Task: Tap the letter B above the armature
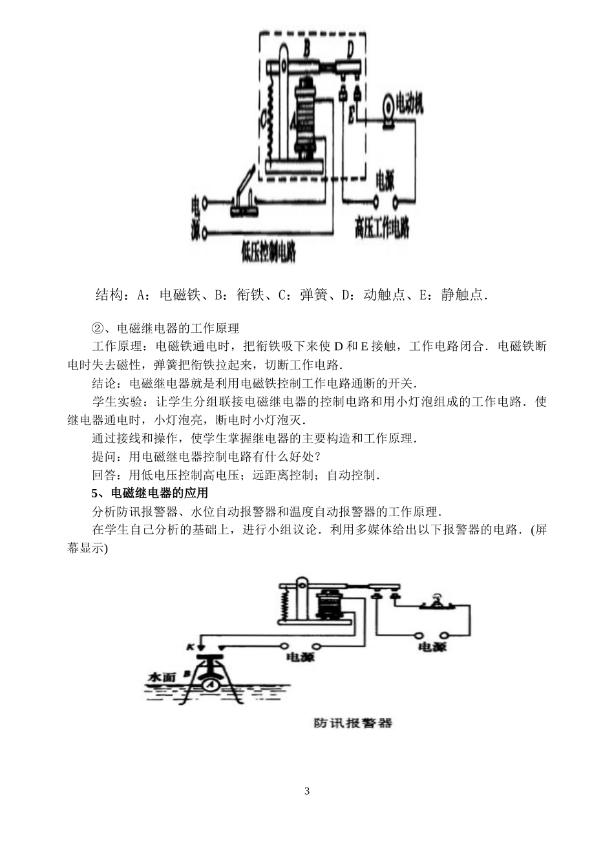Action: coord(307,47)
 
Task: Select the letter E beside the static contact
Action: coord(351,116)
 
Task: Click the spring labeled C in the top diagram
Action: coord(265,120)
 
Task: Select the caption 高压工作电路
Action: coord(382,228)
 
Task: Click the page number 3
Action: coord(307,791)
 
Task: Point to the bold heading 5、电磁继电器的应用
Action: coord(150,494)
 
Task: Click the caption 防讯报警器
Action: coord(353,723)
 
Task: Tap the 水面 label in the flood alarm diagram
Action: coord(162,678)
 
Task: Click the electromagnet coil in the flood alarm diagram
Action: coord(331,605)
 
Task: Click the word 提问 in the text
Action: coord(104,457)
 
